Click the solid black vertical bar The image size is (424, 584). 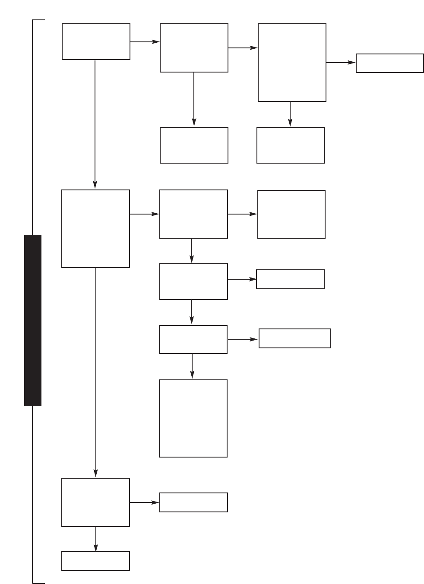33,320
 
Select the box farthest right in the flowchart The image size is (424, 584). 389,63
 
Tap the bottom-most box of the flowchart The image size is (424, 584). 95,561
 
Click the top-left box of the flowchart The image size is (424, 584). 96,41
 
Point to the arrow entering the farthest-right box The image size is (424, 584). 341,63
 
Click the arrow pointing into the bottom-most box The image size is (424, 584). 95,539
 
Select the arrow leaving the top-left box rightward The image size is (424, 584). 145,42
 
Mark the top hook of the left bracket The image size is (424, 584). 39,20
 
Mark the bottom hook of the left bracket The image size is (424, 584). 39,583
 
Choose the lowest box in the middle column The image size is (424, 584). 193,502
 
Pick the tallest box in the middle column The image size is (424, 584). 193,418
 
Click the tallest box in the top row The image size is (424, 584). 292,63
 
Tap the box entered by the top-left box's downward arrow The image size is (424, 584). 95,229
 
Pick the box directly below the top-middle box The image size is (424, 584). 194,145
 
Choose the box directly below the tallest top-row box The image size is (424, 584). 291,145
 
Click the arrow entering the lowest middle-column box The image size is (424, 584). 144,502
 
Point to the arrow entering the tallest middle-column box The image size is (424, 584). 192,366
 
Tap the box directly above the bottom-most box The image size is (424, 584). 95,502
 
